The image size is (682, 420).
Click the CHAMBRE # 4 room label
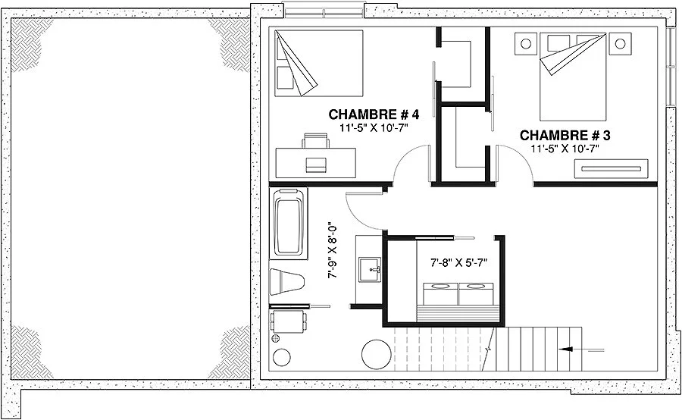pos(374,114)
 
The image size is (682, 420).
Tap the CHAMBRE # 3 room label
pos(565,136)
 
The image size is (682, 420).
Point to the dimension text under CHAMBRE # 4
pos(374,127)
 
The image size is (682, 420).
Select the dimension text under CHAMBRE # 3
pos(565,149)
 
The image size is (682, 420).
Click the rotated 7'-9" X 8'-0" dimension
pos(333,252)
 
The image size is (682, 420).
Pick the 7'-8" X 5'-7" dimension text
pos(459,262)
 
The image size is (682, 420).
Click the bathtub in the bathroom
pos(289,224)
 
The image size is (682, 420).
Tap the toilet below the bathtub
pos(286,281)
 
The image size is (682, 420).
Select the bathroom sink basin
pos(370,270)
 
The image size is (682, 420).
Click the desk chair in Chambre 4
pos(316,141)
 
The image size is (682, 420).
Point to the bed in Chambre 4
pos(319,63)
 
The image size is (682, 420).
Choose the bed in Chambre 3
pos(573,77)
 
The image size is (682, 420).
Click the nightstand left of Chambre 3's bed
pos(526,43)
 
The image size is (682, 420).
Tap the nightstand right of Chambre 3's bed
pos(620,43)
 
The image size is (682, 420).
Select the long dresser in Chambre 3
pos(611,169)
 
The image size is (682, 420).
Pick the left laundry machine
pos(440,293)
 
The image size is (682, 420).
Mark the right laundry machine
pos(476,293)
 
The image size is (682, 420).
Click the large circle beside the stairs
pos(376,354)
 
